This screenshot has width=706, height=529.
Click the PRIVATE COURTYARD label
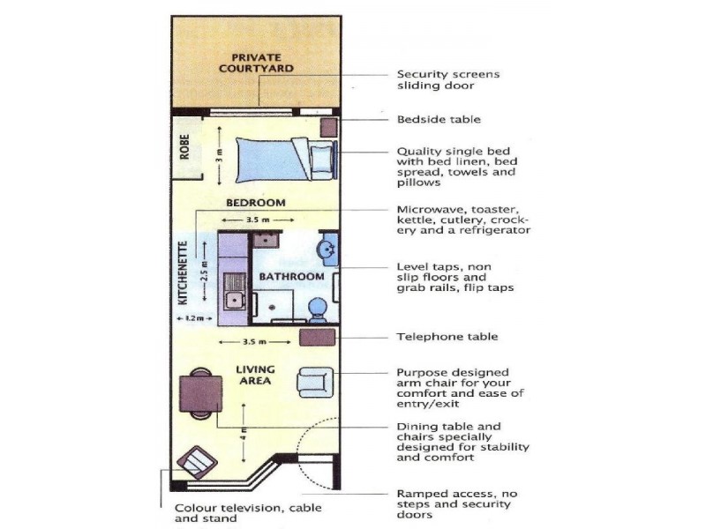click(256, 63)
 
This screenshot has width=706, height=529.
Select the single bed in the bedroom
click(276, 158)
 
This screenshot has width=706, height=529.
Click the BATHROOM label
click(291, 277)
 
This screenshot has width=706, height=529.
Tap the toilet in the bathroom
click(318, 308)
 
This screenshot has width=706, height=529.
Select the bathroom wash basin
click(327, 249)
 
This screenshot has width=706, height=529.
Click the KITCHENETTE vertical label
click(184, 272)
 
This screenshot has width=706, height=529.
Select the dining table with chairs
click(199, 393)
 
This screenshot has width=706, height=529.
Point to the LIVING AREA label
click(256, 376)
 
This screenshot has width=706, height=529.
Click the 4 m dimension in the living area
click(244, 434)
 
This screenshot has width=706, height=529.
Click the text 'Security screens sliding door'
click(447, 80)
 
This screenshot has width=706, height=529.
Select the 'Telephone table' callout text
click(447, 337)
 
